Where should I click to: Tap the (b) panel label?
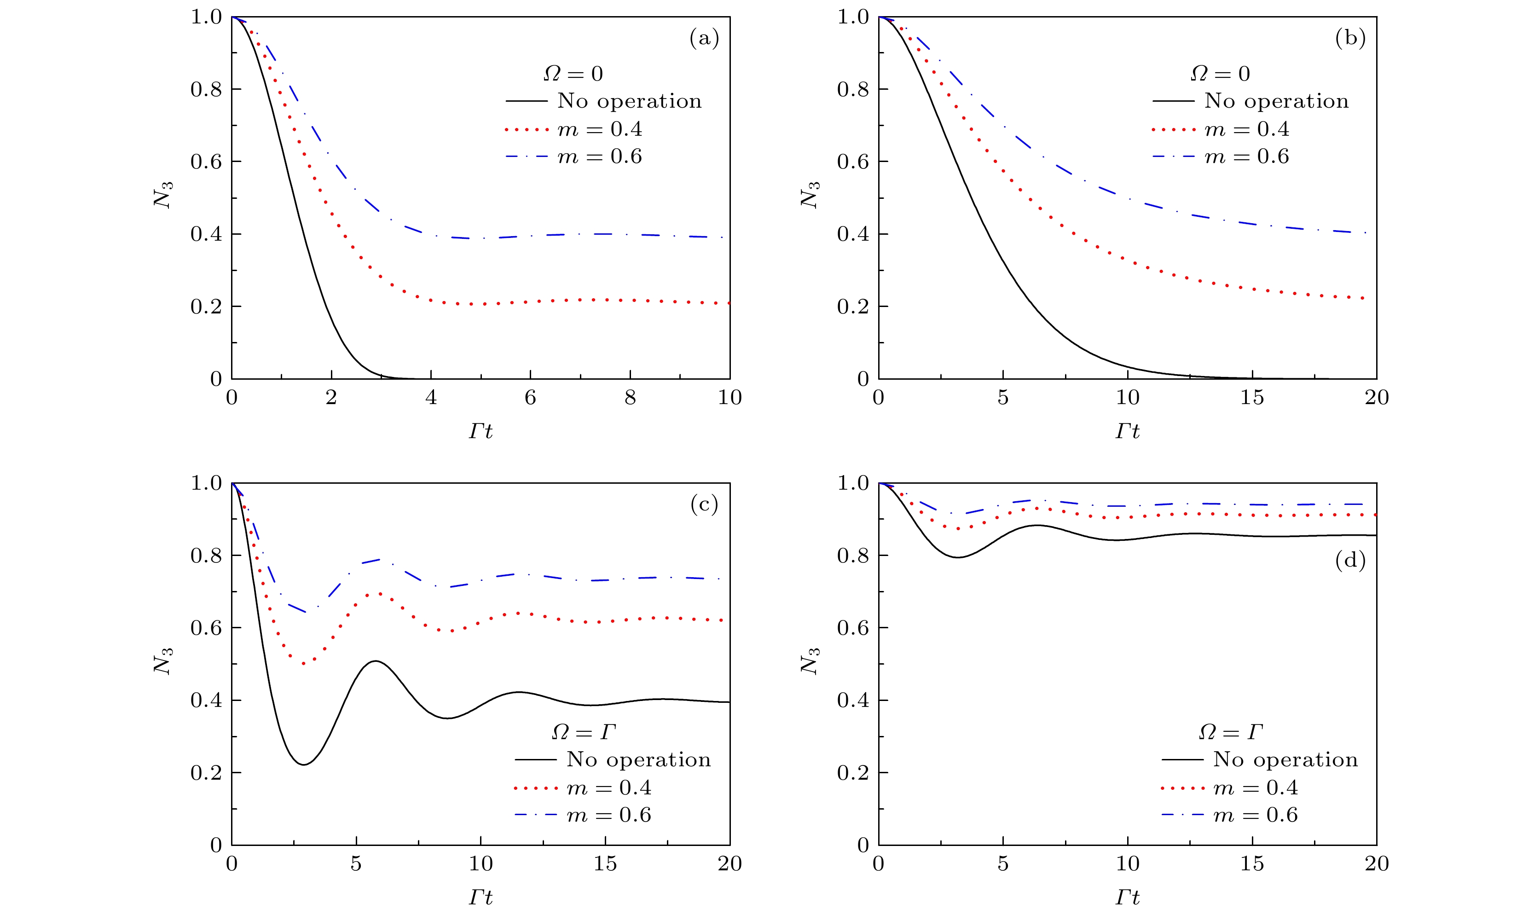point(1350,39)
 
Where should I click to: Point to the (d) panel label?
point(1350,561)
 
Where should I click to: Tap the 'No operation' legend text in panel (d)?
point(1285,759)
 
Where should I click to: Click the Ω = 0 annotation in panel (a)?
point(573,74)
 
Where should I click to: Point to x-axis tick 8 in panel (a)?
point(630,398)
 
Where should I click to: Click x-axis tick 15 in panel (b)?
point(1251,398)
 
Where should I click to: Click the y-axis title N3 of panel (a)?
point(163,195)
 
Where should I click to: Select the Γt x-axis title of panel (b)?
point(1127,431)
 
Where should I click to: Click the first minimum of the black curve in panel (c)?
point(303,764)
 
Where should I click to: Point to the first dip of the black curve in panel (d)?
point(958,557)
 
